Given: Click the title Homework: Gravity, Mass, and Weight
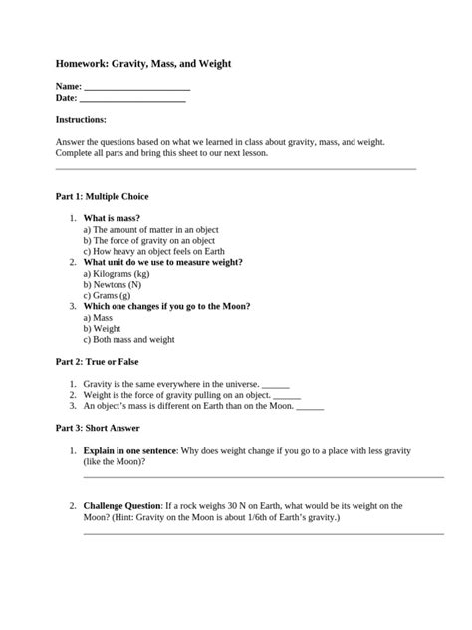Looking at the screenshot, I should coord(143,63).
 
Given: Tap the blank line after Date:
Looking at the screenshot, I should coord(131,100).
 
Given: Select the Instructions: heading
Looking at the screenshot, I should coord(81,119).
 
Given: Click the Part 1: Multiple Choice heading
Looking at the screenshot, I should coord(102,197).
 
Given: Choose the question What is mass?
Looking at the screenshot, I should coord(112,217).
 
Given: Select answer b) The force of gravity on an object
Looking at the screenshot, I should coord(148,240).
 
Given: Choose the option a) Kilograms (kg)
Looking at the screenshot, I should coord(117,273).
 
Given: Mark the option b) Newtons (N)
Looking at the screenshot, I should coord(113,284).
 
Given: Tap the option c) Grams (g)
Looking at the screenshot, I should coord(107,295).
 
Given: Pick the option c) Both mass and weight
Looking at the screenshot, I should coord(134,339).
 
